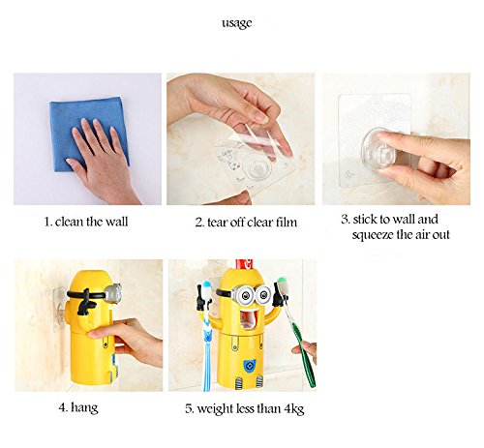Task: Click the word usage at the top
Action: coord(237,23)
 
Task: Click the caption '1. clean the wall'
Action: coord(86,222)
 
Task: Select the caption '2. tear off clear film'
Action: coord(246,223)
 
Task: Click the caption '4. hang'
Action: coord(78,408)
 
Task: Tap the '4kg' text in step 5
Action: coord(294,409)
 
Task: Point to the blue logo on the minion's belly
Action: coord(249,366)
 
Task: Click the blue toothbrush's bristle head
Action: coord(206,288)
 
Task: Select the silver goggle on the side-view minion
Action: coord(113,294)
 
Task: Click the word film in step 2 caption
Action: coord(287,223)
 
